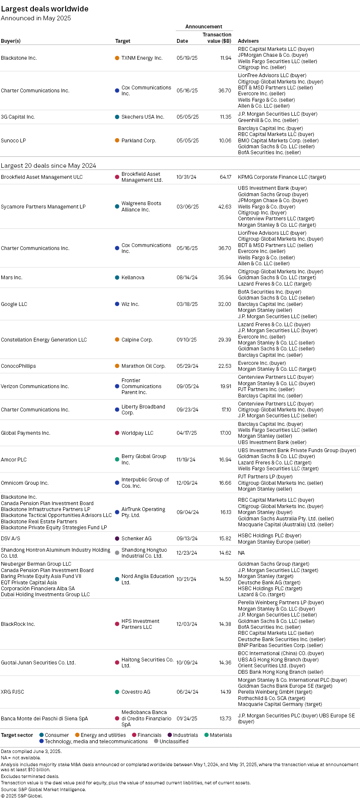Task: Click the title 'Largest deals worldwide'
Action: point(44,9)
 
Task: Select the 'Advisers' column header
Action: point(248,41)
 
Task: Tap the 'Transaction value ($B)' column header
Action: point(217,38)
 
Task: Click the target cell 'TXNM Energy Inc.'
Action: point(142,58)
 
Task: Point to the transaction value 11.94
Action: point(226,58)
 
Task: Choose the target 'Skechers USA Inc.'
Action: point(143,117)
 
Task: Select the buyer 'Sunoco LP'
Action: point(14,141)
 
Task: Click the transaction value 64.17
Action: point(225,177)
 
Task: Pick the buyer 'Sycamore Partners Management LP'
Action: point(43,207)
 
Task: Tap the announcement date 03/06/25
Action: point(187,207)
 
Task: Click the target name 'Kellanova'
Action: point(133,278)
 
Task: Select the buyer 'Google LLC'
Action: point(14,304)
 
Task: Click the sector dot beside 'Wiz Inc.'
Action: point(117,304)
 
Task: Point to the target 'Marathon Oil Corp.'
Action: point(143,366)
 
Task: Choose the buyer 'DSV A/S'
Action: point(11,539)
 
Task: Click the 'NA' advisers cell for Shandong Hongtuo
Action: point(241,553)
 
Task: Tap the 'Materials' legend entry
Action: point(218,735)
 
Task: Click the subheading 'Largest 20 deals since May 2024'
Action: point(48,166)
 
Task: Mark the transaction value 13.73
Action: point(225,719)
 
